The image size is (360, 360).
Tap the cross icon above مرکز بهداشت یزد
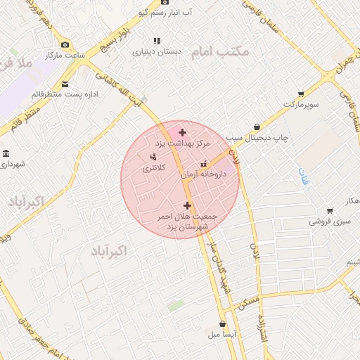[183, 132]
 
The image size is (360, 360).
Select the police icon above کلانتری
[153, 157]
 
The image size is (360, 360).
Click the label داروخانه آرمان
[204, 173]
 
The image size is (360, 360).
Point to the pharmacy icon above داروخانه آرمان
[204, 164]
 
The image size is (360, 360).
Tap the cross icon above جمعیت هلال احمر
[186, 205]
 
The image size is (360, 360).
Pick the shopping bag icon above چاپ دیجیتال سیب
[257, 127]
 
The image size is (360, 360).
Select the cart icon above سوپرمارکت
[301, 94]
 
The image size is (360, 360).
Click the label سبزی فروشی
[330, 221]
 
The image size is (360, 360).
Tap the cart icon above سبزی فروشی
[330, 211]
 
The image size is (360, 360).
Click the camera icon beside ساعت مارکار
[65, 44]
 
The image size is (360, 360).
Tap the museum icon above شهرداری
[6, 153]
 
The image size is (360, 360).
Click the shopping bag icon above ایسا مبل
[223, 324]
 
